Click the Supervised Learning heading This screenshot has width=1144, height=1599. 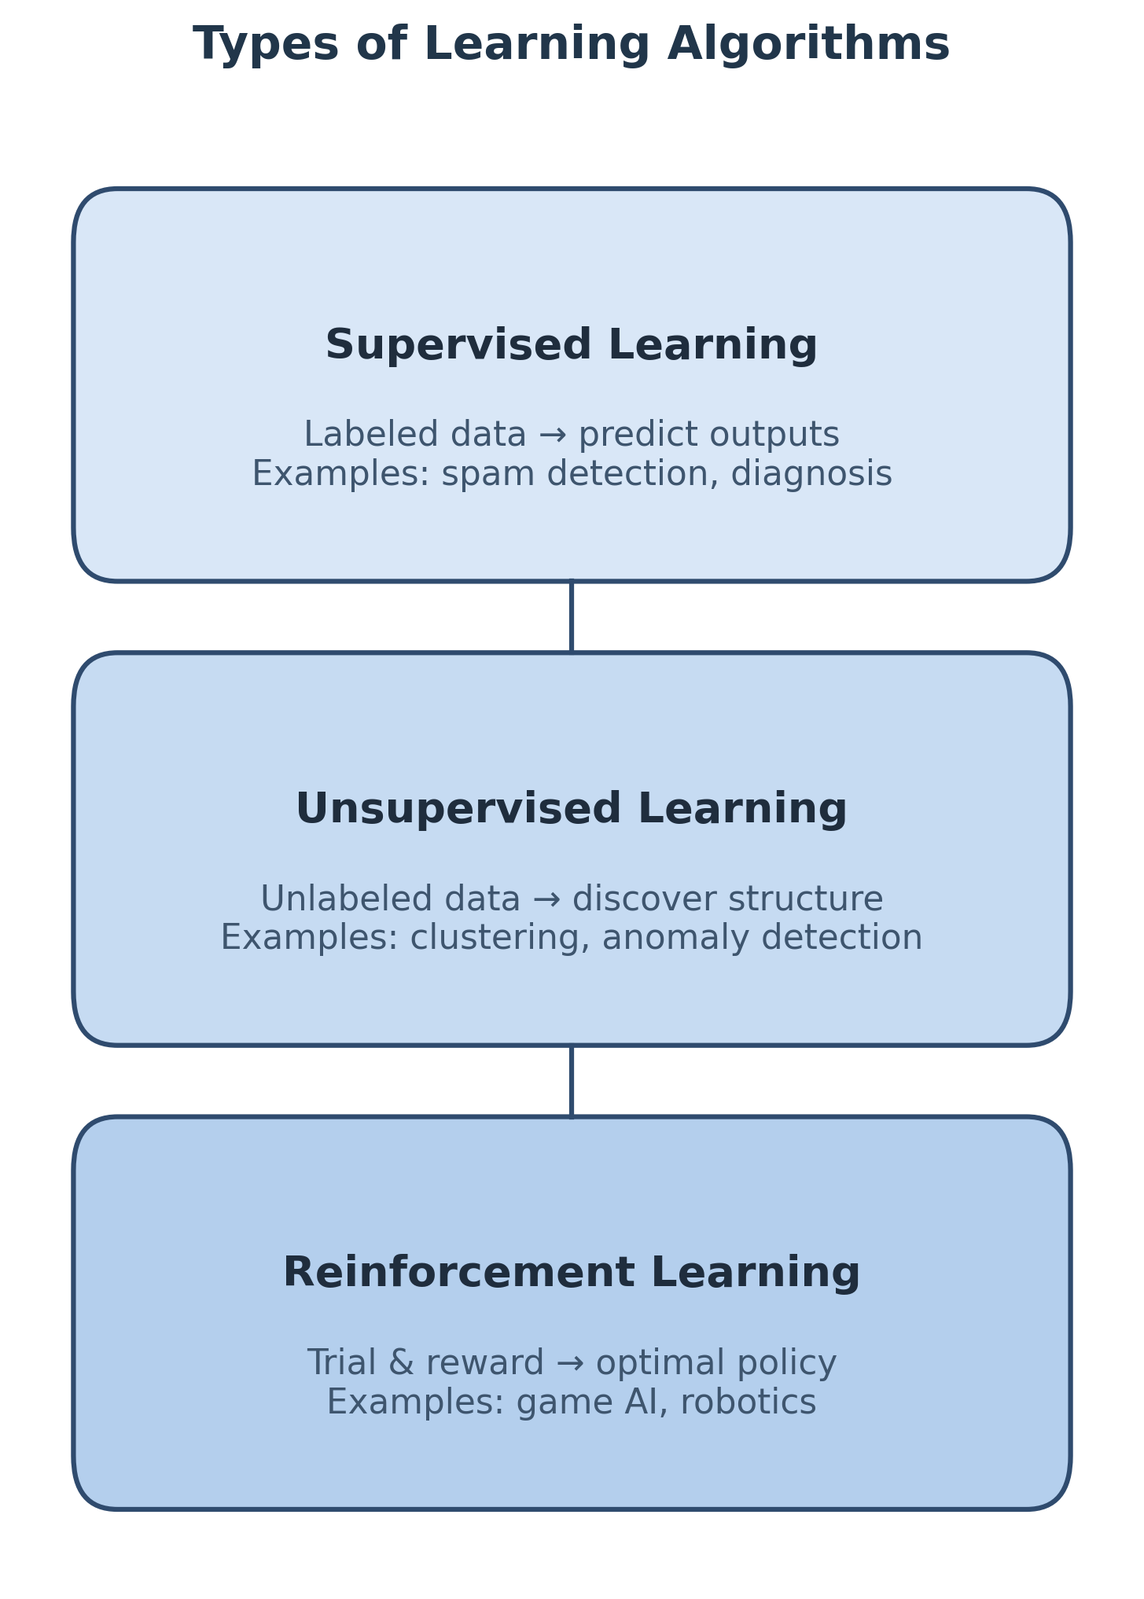pos(572,346)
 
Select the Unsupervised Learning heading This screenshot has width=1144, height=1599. pos(572,810)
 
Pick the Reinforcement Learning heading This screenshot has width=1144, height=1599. pos(572,1274)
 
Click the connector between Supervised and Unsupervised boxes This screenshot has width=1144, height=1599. pos(572,617)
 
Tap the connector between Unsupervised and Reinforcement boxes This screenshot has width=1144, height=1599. pos(572,1081)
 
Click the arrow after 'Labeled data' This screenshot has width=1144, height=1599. pos(553,436)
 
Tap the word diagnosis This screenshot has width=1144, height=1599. pos(811,475)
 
